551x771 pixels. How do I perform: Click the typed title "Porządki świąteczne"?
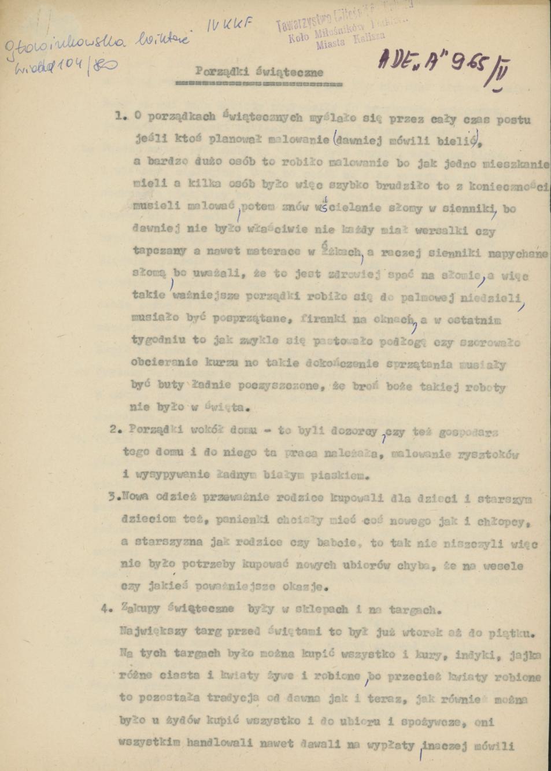(x=258, y=73)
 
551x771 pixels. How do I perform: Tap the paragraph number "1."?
(x=120, y=116)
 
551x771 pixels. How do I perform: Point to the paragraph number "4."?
(x=106, y=608)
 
